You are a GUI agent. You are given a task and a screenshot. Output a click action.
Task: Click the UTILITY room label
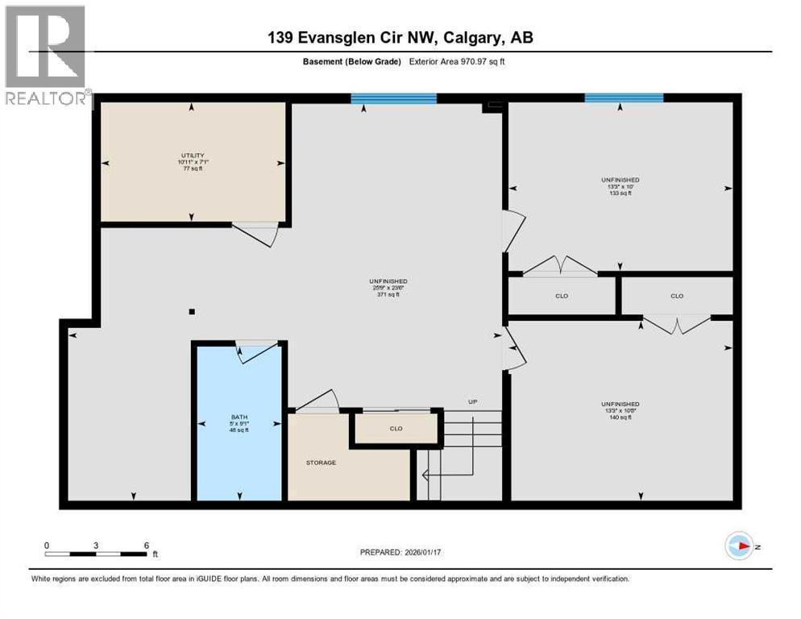coord(192,156)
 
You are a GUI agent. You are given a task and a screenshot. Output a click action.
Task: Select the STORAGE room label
coord(321,463)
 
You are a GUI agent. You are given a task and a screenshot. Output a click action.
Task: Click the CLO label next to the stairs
coord(396,428)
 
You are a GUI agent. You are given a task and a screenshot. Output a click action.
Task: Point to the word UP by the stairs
coord(474,401)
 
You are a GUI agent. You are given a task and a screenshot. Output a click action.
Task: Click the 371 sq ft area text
coord(390,295)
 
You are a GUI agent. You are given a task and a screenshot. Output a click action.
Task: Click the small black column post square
coord(192,312)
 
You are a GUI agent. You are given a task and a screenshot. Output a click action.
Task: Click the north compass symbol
coord(738,546)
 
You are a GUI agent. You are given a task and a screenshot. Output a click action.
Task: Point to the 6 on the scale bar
coord(146,546)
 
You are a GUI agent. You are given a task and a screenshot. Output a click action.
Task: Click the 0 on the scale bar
coord(47,546)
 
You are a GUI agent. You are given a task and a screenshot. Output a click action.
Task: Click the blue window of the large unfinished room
coord(393,99)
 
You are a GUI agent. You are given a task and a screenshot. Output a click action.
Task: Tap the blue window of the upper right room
coord(624,98)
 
